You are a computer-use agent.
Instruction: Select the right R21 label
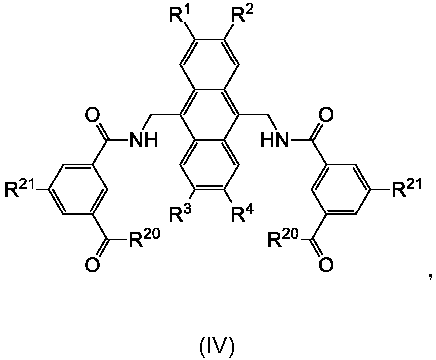coord(405,189)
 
